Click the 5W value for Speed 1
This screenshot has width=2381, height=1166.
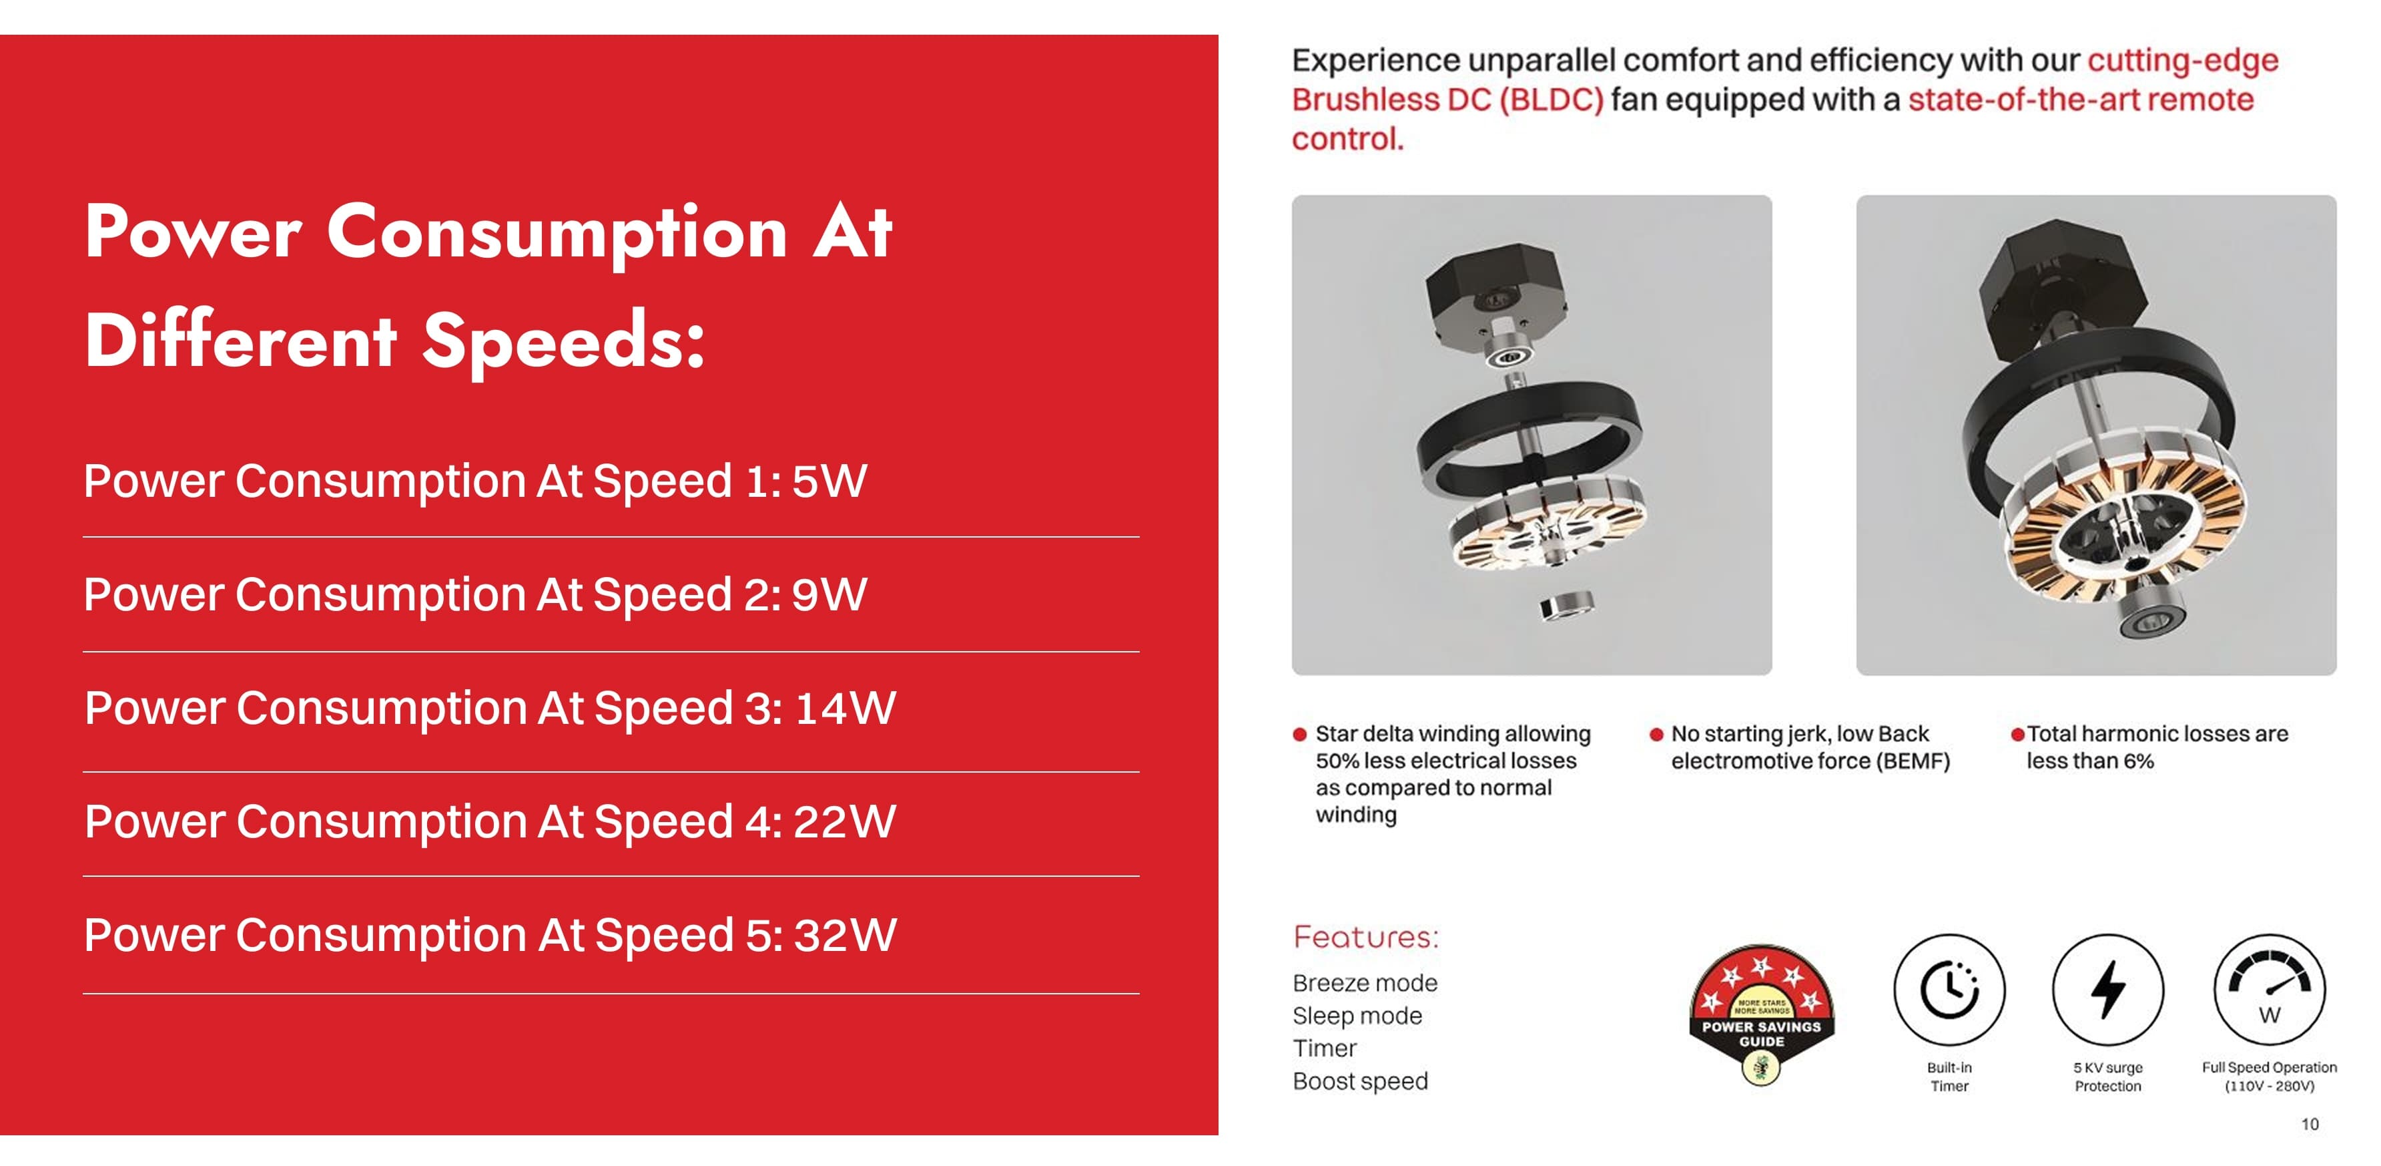click(829, 481)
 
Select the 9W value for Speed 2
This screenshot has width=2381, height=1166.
click(829, 594)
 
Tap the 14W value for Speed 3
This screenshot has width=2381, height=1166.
click(845, 709)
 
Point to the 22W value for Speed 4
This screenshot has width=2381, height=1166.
click(845, 821)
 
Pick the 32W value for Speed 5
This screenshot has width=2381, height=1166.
click(845, 935)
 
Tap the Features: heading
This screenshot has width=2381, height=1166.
click(1365, 937)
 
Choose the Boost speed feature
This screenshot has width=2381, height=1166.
click(1359, 1081)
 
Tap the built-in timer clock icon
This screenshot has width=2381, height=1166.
click(1949, 990)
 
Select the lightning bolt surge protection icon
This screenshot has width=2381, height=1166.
click(2107, 990)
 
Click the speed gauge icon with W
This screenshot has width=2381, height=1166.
click(2269, 990)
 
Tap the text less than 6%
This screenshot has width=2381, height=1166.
click(2090, 761)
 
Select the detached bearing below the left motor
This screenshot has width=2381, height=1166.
click(1567, 606)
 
